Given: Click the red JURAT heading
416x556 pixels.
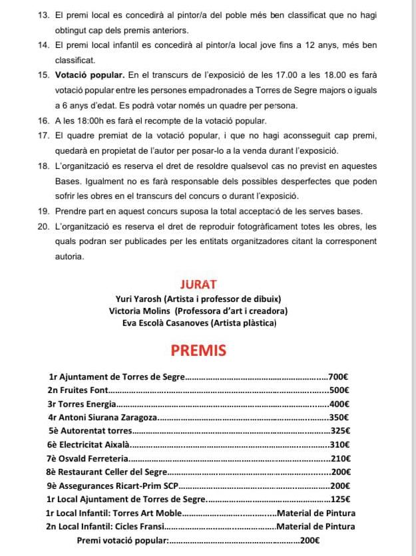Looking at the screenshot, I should pos(198,285).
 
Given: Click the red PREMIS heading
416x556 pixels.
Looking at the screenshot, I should pos(198,350).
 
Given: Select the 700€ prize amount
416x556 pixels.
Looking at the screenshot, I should pos(339,376).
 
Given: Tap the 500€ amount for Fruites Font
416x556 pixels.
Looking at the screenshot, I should pos(339,390).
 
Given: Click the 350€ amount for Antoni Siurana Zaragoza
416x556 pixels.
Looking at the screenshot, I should pos(340,418).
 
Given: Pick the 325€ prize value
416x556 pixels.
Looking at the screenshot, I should pos(340,431).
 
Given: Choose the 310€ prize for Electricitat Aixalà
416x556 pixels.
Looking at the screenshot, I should pos(340,445).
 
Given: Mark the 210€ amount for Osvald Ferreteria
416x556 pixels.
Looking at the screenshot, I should pos(340,458).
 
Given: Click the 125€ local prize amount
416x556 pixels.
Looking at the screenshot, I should pos(340,499).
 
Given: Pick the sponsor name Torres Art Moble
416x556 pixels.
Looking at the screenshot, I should pos(147,513).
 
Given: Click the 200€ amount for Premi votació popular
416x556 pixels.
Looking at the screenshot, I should pos(310,541).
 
